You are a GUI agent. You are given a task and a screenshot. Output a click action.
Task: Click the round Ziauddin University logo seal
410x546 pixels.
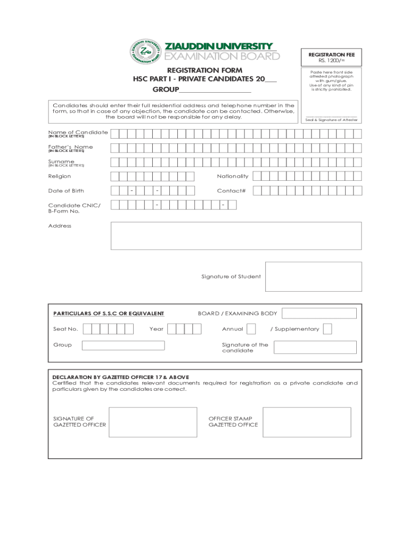coord(145,51)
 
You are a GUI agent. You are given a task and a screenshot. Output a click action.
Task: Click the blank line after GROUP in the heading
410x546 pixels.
coord(215,89)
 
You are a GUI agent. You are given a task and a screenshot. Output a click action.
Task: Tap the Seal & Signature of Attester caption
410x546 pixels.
coord(331,120)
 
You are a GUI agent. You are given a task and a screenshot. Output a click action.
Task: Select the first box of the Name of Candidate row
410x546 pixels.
coord(114,133)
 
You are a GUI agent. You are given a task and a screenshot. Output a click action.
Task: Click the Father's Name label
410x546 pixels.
coord(70,147)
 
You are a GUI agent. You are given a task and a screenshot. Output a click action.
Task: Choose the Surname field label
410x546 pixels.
coord(61,161)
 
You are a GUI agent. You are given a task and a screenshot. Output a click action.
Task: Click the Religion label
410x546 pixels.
coord(59,176)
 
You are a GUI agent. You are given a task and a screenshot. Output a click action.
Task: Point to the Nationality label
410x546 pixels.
coord(233,176)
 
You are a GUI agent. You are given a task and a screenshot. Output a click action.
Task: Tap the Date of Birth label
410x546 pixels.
coord(65,190)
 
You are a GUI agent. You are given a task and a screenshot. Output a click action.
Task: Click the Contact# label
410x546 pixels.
coord(231,190)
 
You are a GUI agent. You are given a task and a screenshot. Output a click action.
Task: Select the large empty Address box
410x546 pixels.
coord(236,236)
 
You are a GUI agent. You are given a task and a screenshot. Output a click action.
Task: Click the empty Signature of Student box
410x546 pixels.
coord(313,276)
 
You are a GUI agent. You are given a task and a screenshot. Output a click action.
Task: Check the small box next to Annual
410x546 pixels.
coord(251,329)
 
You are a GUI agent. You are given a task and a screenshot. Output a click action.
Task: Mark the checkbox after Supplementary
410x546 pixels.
coord(327,329)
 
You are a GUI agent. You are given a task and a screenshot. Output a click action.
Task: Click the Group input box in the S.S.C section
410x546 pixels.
coord(123,345)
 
